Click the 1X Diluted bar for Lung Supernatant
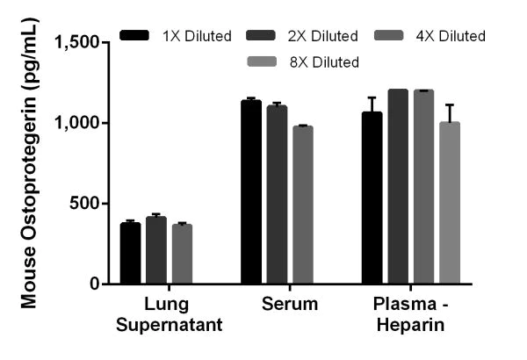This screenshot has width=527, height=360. tap(130, 253)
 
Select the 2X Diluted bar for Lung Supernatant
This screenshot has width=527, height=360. tap(156, 250)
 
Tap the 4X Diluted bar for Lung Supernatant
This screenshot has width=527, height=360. tap(182, 254)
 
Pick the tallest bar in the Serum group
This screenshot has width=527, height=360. tap(251, 192)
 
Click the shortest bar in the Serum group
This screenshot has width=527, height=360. tap(303, 205)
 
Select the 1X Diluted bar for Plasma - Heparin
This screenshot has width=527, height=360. tap(372, 198)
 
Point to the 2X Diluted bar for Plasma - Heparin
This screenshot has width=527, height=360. tap(398, 186)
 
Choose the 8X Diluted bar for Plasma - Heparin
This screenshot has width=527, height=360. tap(450, 203)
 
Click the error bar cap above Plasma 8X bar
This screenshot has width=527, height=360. tap(450, 104)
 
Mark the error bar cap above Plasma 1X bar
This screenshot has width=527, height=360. tap(372, 97)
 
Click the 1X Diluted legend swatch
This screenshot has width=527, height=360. tap(134, 35)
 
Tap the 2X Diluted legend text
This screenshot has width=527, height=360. tap(322, 36)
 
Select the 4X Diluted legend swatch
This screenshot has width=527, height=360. tap(389, 35)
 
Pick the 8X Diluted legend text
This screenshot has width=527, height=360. tap(324, 62)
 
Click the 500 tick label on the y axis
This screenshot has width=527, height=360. tap(85, 204)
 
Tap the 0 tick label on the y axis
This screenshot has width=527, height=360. tap(95, 284)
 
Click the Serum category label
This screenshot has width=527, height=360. tap(290, 304)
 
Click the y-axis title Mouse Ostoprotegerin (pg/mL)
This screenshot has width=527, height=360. tap(29, 163)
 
